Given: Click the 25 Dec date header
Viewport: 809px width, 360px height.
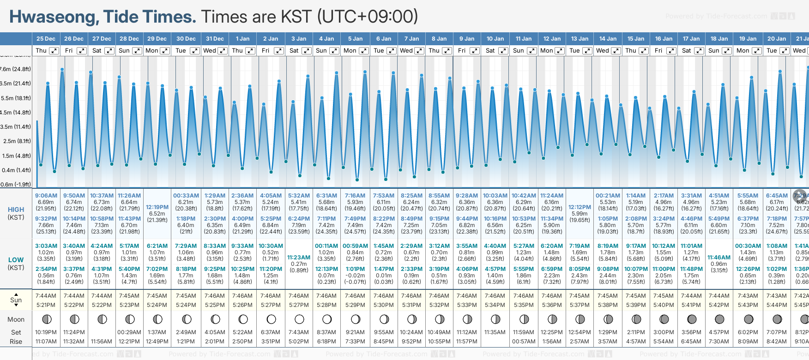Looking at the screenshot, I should coord(46,39).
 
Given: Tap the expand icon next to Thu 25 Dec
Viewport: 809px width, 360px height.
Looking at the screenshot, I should coord(54,51).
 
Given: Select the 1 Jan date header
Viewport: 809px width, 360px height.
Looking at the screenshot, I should coord(242,39).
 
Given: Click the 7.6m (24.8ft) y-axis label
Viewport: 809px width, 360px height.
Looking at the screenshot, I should coord(15,69).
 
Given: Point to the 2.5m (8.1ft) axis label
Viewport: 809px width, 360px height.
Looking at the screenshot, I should coord(17,141).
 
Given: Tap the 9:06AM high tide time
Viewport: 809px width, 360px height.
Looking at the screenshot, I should coord(46,196).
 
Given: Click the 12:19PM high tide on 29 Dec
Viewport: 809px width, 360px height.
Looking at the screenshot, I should coord(157,207).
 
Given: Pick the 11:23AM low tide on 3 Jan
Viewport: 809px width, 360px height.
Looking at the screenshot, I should coord(299,258).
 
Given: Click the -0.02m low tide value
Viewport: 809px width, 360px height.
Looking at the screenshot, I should coord(355,276).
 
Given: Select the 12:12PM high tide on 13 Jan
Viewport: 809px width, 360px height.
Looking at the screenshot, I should coord(580,207).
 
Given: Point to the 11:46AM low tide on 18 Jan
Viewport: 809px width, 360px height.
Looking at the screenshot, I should coord(719,258).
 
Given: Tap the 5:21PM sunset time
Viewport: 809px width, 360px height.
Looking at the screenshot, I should coord(46,305).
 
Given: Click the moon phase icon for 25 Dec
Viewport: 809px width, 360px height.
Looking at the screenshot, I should coord(46,319).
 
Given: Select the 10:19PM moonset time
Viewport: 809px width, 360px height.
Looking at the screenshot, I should coord(46,332).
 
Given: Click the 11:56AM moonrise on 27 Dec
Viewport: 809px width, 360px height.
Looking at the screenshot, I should coord(102,342).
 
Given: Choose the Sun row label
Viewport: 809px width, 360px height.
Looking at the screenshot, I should coord(16,300).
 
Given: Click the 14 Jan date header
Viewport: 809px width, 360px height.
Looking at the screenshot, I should coord(608,39).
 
